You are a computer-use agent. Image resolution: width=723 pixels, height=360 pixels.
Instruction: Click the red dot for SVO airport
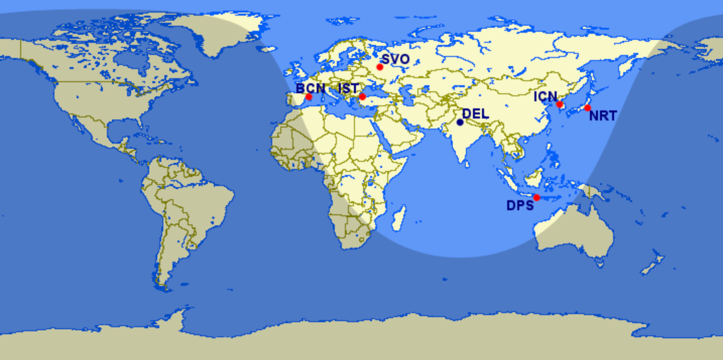pos(380,67)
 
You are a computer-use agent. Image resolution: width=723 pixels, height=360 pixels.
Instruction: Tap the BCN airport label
pos(311,88)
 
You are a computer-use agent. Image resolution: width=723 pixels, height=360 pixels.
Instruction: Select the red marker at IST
pos(362,96)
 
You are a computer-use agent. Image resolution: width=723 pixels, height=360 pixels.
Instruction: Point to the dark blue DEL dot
pos(460,122)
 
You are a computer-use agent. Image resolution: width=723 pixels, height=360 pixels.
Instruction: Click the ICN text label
pos(546,96)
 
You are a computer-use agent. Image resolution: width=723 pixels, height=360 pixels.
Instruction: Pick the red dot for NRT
pos(587,108)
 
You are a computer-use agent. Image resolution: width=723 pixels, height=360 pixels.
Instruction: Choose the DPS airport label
pos(520,206)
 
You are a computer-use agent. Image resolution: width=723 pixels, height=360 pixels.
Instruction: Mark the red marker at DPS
pos(536,197)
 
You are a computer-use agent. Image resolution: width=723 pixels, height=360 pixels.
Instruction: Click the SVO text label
pos(395,59)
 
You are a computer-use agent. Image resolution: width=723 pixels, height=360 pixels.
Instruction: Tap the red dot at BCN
pos(309,96)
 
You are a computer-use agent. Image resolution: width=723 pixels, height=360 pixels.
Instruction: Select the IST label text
pos(348,88)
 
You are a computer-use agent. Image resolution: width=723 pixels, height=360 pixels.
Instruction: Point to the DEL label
pos(475,114)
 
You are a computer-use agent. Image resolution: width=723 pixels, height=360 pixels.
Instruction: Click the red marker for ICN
pos(559,104)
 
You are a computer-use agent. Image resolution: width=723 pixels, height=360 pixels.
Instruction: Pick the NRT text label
pos(603,116)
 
